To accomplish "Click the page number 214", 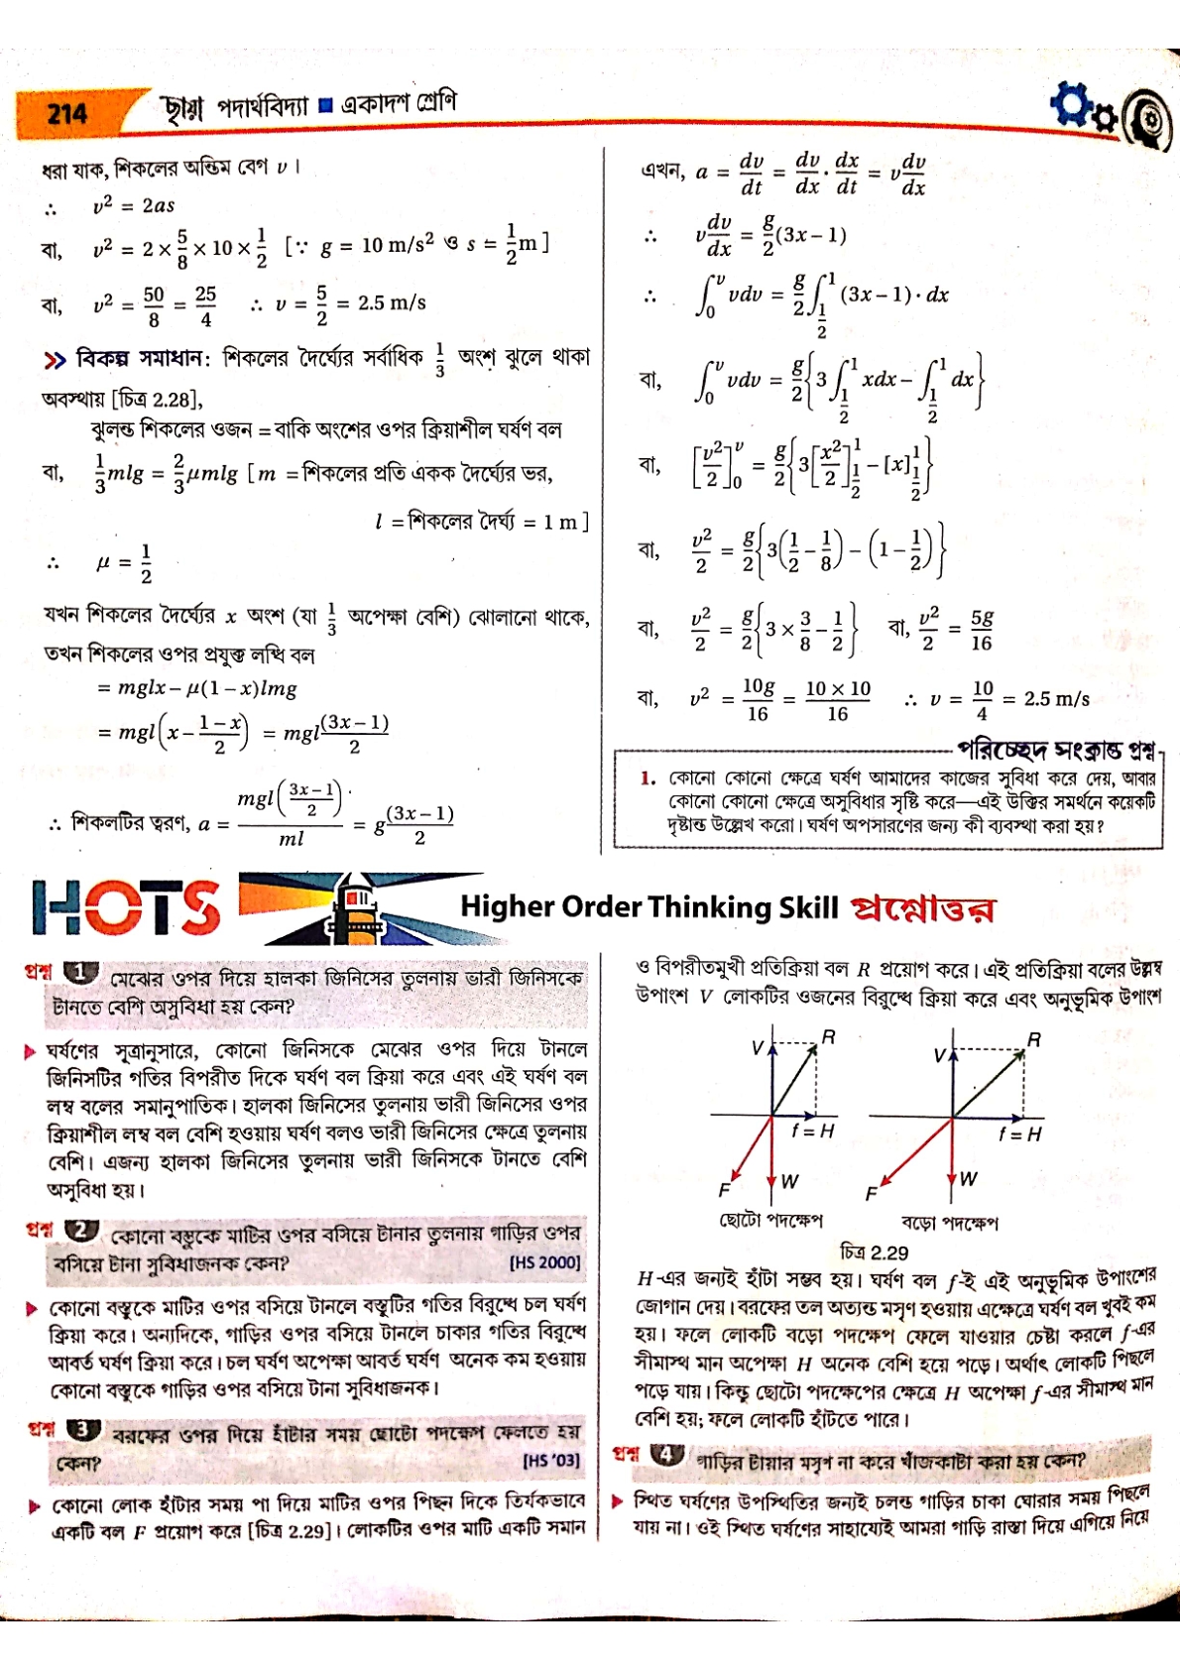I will [x=66, y=114].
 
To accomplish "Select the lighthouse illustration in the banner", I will [x=355, y=905].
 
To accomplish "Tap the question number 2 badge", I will [x=81, y=1231].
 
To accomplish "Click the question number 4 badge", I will [x=667, y=1454].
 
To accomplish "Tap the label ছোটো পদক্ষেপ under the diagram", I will [x=770, y=1220].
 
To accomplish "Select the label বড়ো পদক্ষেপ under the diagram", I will [x=949, y=1223].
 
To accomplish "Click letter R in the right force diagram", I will [x=1033, y=1039].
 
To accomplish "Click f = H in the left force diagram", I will [x=813, y=1132].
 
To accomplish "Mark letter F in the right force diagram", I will [x=872, y=1194].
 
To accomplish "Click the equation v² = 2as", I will [x=133, y=205].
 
